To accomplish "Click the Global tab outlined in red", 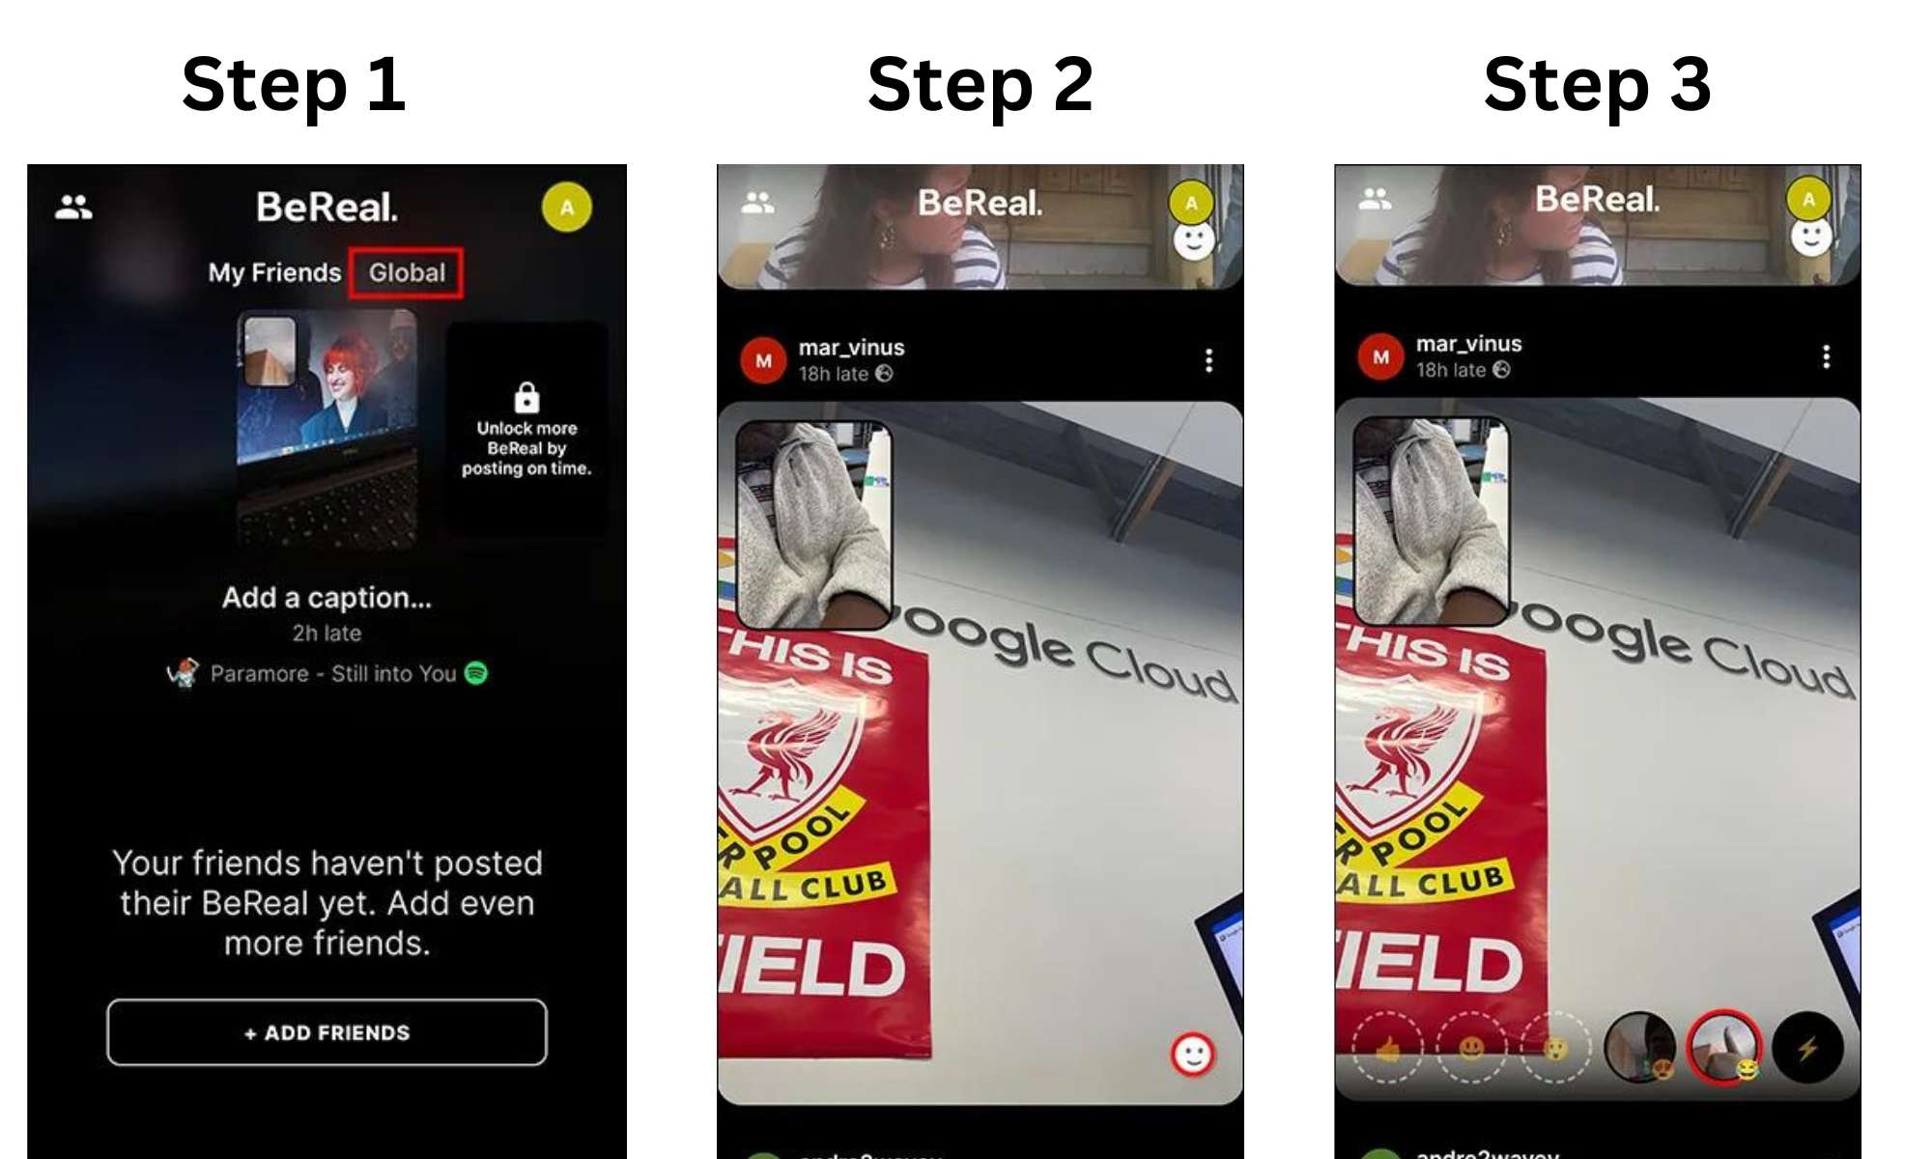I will tap(407, 273).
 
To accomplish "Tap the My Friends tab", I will tap(274, 273).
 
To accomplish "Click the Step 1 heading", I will tap(293, 85).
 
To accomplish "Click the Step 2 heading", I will tap(980, 85).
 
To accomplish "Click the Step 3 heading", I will tap(1597, 85).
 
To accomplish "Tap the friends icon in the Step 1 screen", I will tap(74, 207).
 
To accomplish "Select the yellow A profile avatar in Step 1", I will tap(567, 208).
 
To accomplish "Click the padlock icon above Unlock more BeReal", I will tap(526, 397).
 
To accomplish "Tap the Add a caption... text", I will tap(327, 598).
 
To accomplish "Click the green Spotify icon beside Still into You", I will tap(476, 673).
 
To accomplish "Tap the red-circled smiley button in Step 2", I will tap(1193, 1054).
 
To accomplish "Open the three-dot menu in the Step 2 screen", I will tap(1208, 360).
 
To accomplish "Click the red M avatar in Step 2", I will tap(763, 360).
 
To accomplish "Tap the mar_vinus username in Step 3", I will tap(1468, 344).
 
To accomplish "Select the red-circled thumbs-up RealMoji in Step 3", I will tap(1724, 1047).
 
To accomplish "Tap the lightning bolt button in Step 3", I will tap(1807, 1047).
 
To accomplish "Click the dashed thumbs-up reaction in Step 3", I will tap(1387, 1047).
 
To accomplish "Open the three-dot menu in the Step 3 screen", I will tap(1826, 356).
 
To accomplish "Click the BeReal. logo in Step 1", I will tap(327, 207).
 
